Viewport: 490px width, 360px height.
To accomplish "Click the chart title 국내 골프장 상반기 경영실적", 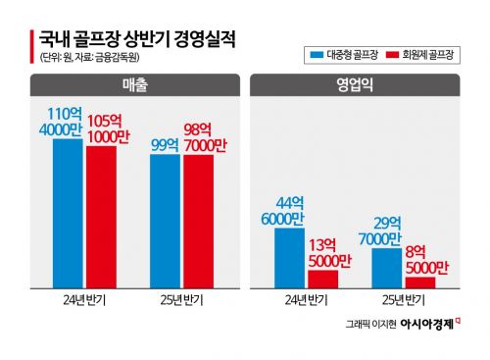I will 136,40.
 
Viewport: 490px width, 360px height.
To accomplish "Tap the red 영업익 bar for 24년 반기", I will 324,278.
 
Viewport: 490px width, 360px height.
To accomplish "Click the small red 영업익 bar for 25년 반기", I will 420,282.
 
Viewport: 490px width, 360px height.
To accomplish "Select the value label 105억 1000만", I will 106,129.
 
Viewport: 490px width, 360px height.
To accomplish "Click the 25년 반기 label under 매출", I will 183,299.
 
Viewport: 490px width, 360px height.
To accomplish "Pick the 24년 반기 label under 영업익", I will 307,299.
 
